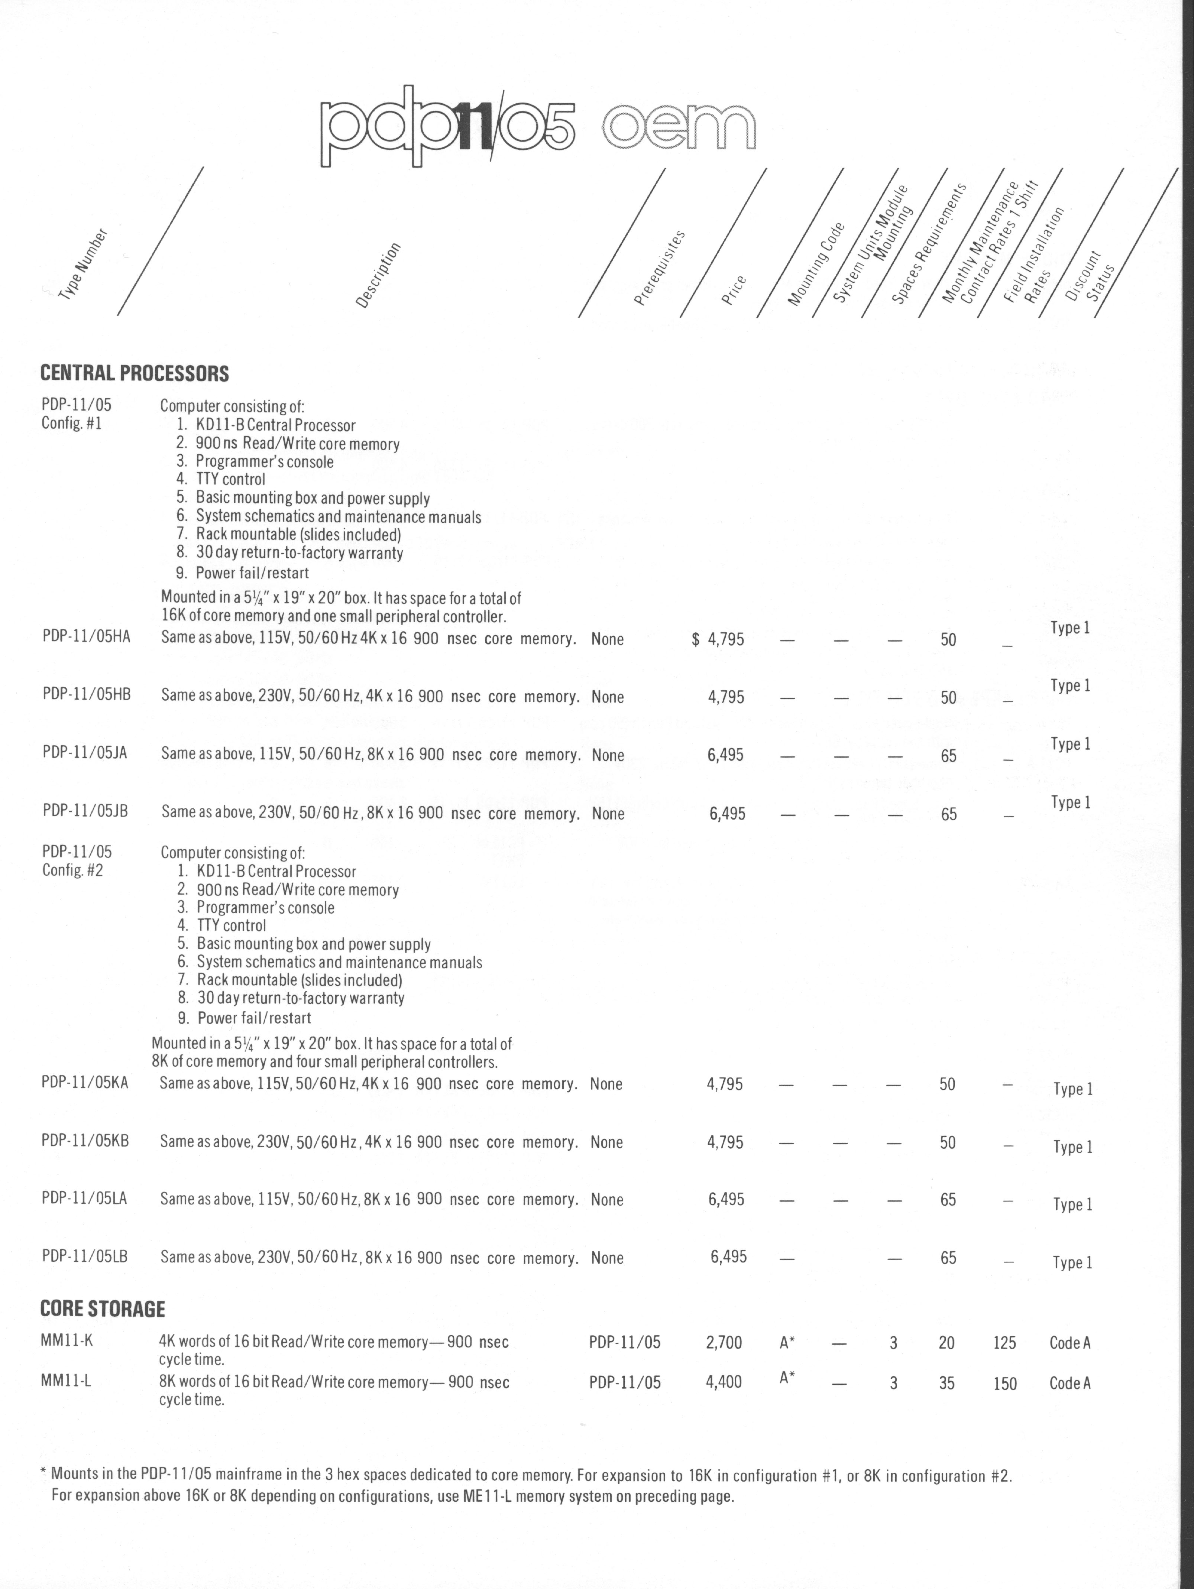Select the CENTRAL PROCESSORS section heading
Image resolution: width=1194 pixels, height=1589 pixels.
135,373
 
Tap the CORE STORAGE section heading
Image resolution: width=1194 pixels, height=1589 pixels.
102,1309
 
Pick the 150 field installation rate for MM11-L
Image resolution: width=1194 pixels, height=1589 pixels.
1004,1384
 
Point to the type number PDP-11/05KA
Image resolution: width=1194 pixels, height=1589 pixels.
85,1083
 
